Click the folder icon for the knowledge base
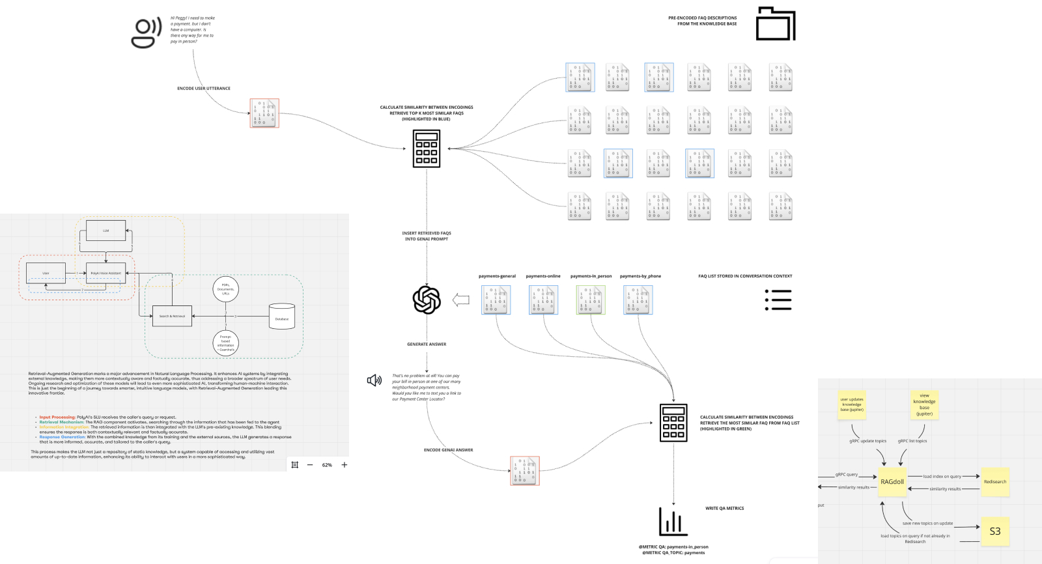pos(775,24)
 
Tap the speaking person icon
pos(147,33)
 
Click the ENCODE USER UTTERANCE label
pos(204,89)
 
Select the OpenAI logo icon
pos(427,300)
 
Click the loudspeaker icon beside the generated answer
pos(374,380)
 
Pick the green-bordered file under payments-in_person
pos(591,300)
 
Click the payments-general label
pos(497,276)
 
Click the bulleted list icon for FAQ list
pos(778,300)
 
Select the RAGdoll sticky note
pos(892,482)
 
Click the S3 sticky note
pos(994,531)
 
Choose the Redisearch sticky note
pos(994,482)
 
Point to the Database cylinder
pos(282,317)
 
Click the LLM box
pos(106,231)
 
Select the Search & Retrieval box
pos(172,316)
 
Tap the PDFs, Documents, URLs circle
pos(225,289)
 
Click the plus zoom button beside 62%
pos(345,465)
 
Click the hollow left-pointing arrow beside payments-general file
pos(461,300)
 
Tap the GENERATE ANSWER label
pos(427,345)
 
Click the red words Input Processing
pos(57,417)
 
